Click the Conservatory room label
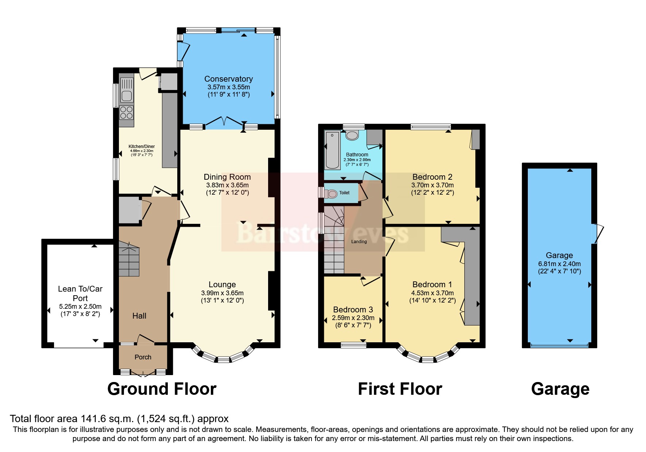(228, 79)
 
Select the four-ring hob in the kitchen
(126, 113)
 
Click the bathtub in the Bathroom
(332, 150)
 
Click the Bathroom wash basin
(352, 136)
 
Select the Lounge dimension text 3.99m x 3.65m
(222, 293)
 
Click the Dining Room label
(227, 177)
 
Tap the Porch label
(143, 357)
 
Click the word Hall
(139, 316)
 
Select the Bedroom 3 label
(353, 309)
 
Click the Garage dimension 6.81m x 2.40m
(559, 264)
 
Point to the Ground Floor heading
(162, 389)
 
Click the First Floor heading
(400, 389)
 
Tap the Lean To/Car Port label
(80, 293)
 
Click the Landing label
(359, 241)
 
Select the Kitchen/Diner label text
(142, 146)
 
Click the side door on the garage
(597, 233)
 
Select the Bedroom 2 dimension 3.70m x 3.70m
(432, 185)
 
